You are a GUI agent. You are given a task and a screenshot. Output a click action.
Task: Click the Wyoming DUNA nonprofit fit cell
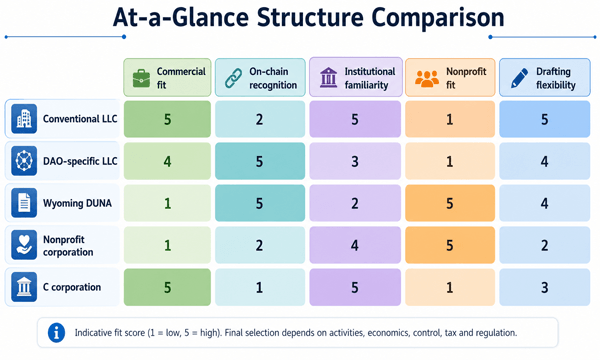(450, 203)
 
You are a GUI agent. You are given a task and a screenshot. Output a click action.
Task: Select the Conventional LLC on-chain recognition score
(259, 119)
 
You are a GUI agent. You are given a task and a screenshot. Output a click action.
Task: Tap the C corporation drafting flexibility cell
(545, 287)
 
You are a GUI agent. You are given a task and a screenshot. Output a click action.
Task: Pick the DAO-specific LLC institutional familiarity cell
(355, 161)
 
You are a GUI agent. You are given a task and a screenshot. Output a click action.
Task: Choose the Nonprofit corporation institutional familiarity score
(355, 245)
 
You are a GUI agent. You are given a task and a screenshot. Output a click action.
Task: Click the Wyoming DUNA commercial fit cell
(167, 203)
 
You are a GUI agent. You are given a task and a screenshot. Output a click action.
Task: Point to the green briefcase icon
(141, 78)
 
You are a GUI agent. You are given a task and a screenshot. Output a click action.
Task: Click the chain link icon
(233, 78)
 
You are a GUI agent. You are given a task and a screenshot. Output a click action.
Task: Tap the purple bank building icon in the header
(328, 78)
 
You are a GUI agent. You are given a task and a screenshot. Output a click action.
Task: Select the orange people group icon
(427, 78)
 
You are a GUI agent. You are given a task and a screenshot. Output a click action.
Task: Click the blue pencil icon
(519, 78)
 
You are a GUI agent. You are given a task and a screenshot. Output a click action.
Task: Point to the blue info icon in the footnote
(56, 332)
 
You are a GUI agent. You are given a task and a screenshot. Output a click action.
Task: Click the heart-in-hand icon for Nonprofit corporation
(24, 245)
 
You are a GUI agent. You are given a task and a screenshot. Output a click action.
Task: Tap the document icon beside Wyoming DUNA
(24, 203)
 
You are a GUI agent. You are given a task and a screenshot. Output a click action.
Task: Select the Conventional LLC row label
(80, 119)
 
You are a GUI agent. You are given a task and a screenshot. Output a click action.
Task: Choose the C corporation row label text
(72, 287)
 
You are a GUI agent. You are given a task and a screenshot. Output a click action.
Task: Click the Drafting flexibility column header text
(556, 78)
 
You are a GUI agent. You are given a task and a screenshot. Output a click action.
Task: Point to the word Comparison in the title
(438, 18)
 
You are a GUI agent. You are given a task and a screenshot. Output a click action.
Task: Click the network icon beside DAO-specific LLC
(24, 161)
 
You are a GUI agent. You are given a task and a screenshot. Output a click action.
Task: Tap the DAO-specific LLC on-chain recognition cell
(260, 161)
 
